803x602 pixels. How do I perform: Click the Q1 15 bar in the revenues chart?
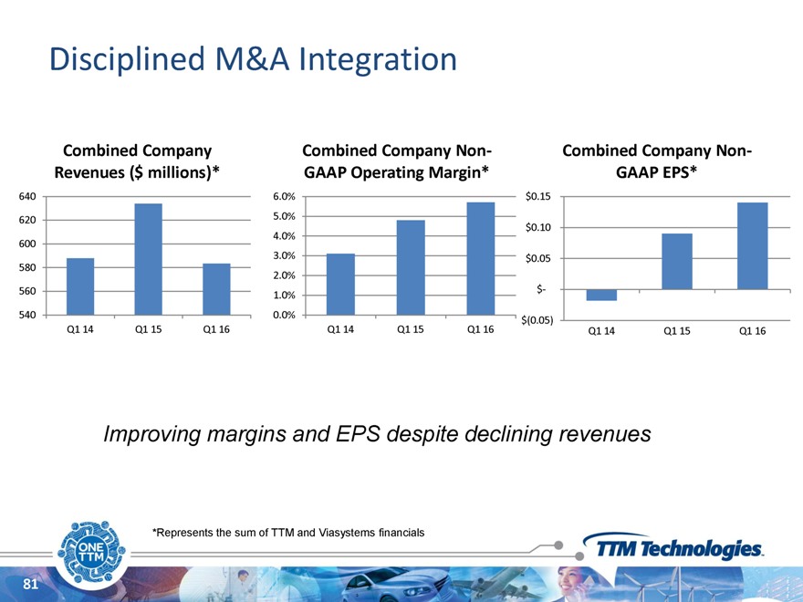tap(148, 259)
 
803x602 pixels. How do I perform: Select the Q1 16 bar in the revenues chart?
tap(216, 289)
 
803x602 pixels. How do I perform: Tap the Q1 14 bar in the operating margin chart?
tap(340, 284)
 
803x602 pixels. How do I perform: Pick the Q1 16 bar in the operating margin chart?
tap(480, 258)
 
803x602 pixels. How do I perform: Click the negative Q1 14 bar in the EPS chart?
tap(601, 295)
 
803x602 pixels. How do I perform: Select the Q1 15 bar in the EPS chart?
tap(677, 262)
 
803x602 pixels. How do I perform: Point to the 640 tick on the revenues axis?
tap(26, 196)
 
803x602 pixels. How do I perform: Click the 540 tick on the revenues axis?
tap(26, 315)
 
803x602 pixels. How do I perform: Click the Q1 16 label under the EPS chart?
tap(752, 330)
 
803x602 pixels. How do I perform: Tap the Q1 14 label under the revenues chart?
tap(80, 329)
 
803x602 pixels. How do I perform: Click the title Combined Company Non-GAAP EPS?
tap(657, 160)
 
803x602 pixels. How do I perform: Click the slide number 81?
tap(31, 585)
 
